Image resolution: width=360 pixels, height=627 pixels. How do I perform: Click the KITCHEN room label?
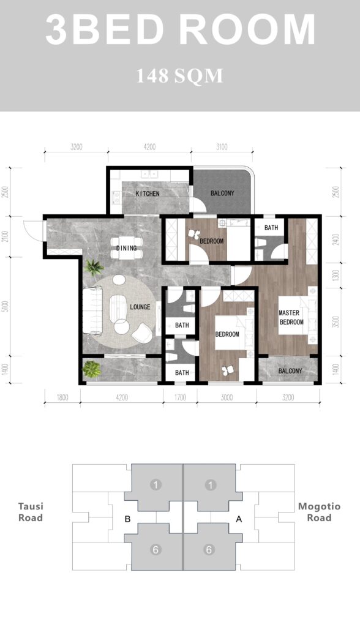click(148, 193)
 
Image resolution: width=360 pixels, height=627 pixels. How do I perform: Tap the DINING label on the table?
click(126, 248)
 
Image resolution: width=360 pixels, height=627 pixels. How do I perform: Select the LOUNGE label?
click(140, 307)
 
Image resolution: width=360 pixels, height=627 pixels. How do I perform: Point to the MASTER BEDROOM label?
click(291, 318)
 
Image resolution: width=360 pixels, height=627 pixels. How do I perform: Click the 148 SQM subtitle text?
click(179, 76)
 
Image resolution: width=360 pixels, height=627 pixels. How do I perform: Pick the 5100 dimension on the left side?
click(5, 306)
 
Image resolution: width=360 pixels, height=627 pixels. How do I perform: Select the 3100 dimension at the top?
click(222, 147)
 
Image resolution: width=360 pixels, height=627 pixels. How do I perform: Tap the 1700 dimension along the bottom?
click(180, 397)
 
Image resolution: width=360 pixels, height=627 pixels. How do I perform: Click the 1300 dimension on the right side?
click(336, 275)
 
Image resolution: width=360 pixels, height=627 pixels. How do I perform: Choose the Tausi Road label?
click(31, 512)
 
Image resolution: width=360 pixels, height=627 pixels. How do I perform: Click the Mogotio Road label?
click(319, 512)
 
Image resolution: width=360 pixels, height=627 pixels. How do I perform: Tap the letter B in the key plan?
click(127, 519)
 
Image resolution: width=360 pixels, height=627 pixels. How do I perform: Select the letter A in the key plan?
click(239, 519)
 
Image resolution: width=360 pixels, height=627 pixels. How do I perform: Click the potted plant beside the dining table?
click(94, 267)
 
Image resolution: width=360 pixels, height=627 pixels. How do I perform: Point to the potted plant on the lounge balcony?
click(92, 369)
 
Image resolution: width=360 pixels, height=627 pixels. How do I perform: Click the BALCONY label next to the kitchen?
click(222, 193)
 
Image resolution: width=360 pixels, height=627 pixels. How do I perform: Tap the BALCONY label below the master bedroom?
click(290, 370)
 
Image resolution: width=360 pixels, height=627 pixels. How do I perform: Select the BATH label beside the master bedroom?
click(271, 228)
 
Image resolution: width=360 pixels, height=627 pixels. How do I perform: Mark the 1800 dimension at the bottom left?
click(62, 397)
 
